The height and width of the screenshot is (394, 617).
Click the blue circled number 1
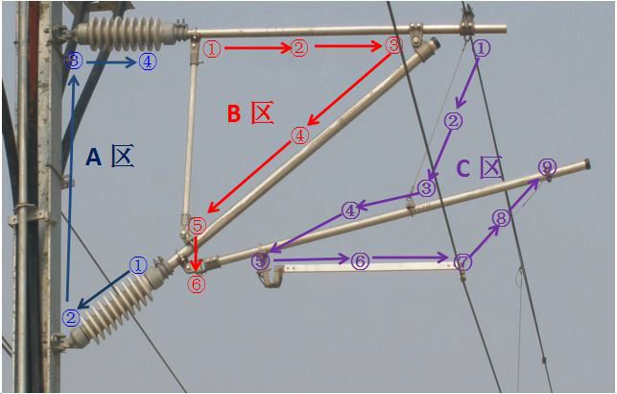tap(138, 264)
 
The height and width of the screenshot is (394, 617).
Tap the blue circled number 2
tap(71, 317)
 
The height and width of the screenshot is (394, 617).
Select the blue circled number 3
tap(75, 62)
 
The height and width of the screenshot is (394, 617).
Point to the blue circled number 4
tap(147, 62)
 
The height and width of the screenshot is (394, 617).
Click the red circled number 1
tap(212, 47)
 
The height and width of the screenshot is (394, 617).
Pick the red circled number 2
tap(299, 47)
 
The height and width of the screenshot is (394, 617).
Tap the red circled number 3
tap(392, 45)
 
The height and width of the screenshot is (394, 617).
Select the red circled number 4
tap(300, 136)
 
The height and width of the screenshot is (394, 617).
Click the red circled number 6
tap(196, 283)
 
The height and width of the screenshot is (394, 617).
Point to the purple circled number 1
tap(482, 47)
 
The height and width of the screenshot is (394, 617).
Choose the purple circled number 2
tap(454, 121)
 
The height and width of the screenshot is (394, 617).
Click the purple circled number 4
tap(350, 209)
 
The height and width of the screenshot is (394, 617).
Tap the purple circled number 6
tap(360, 260)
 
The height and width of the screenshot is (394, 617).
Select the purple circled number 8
tap(500, 219)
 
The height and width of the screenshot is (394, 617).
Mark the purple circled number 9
tap(547, 168)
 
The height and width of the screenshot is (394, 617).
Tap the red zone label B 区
tap(249, 113)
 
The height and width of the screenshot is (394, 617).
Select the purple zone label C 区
tap(479, 169)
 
